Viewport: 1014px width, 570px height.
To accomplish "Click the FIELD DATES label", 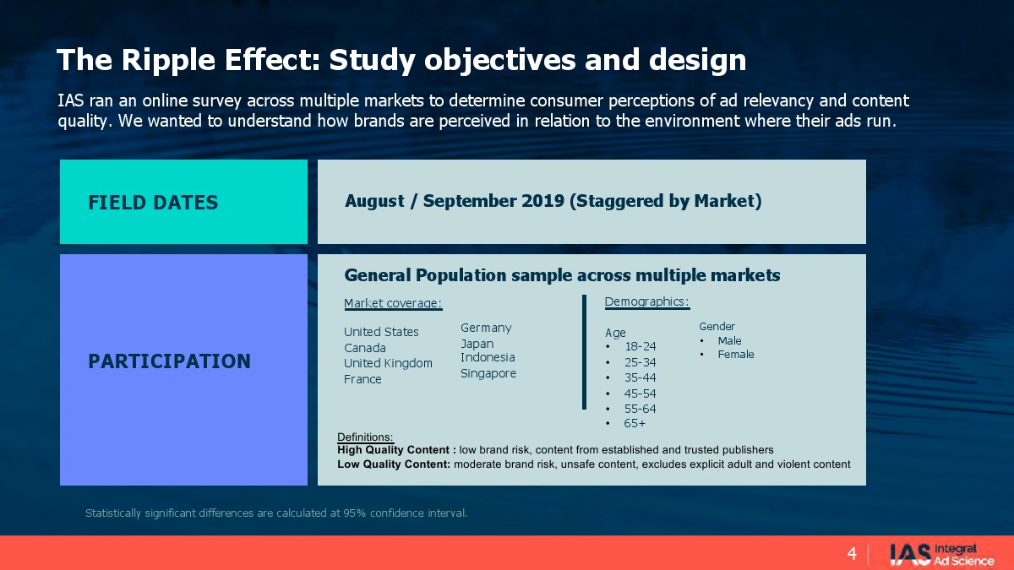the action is coord(153,202).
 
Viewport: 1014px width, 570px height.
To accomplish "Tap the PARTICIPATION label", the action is coord(169,361).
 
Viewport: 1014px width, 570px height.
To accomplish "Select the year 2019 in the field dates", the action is coord(542,200).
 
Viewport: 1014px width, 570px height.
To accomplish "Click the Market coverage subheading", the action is coord(393,303).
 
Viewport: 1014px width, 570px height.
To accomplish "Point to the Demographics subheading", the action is coord(647,301).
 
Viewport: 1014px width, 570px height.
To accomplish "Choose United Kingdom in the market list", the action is coord(388,363).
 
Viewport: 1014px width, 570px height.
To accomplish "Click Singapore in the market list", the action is coord(488,373).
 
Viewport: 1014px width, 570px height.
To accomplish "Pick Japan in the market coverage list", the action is coord(477,344).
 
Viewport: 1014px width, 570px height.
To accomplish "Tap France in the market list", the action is coord(363,379).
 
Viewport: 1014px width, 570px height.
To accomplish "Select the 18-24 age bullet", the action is coord(641,346).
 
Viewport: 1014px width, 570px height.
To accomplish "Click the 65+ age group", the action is coord(635,423).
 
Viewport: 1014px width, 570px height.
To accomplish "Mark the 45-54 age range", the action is coord(641,394).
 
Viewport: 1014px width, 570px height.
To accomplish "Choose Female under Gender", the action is coord(736,354).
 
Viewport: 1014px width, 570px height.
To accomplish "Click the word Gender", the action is coord(717,326).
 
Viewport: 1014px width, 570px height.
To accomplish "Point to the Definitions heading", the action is coord(365,437).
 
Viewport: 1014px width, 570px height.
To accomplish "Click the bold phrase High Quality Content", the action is coord(394,450).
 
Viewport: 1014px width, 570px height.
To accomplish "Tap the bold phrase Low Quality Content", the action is coord(394,464).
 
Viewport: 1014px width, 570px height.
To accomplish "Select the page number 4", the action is coord(852,554).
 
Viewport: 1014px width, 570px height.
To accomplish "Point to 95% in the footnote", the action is coord(354,513).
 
